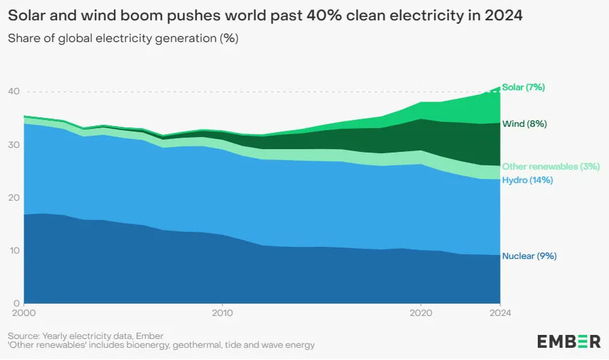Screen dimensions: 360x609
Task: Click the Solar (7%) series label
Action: [523, 87]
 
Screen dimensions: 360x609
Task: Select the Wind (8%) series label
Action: [524, 124]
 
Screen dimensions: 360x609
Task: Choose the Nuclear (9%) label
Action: [529, 256]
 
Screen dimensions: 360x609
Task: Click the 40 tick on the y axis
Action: [14, 92]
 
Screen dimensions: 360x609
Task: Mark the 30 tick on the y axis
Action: [14, 145]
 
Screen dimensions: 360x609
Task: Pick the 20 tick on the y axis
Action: [14, 198]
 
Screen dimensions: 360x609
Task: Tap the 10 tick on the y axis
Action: [14, 251]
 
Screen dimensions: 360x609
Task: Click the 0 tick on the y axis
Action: [17, 303]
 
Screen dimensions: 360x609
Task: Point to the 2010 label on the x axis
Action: [222, 313]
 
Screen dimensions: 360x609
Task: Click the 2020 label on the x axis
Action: [421, 313]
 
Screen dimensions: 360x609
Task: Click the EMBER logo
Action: [568, 341]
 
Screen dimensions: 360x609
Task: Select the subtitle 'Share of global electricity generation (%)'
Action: [123, 38]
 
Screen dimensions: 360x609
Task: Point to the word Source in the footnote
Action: [23, 336]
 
